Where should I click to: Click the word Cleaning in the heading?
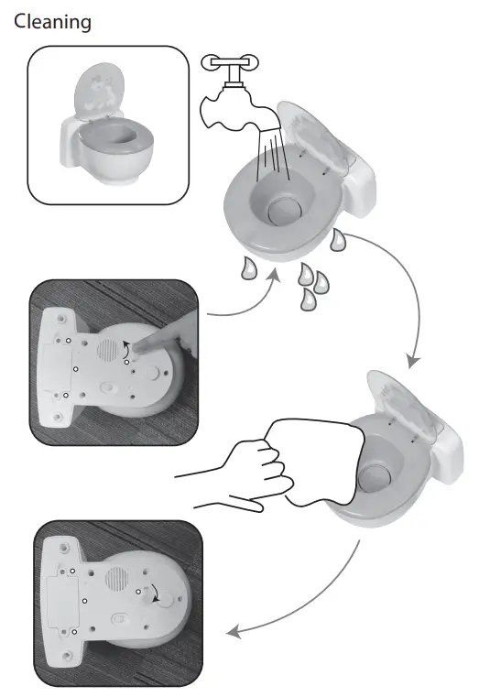pyautogui.click(x=52, y=22)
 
